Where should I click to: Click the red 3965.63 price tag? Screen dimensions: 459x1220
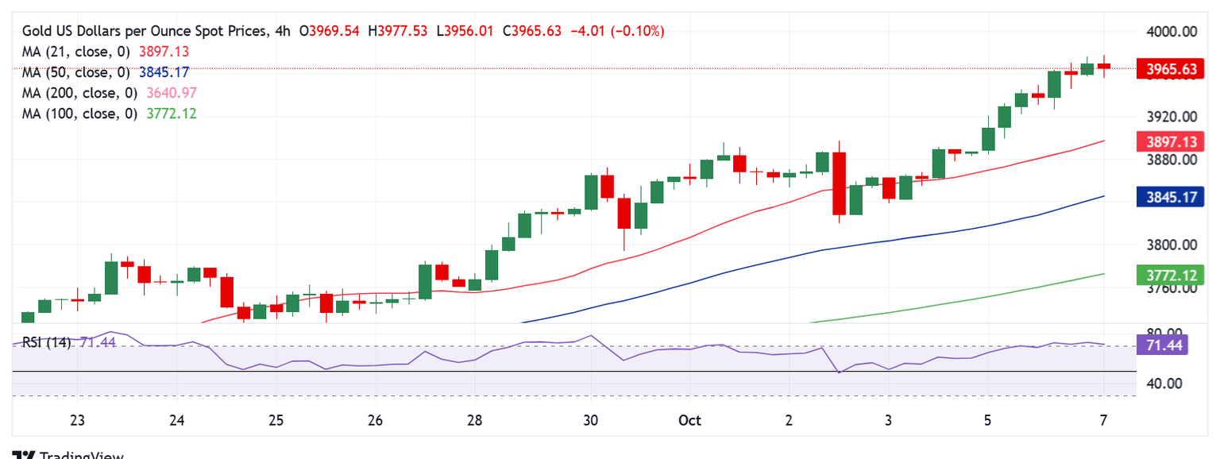point(1172,69)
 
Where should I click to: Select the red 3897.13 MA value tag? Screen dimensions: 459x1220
point(1172,141)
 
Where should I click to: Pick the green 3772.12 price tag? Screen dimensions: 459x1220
point(1172,276)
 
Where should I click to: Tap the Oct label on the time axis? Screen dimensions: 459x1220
point(689,420)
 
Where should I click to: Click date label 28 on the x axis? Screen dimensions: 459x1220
point(474,420)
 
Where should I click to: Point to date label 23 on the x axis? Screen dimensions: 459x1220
point(77,420)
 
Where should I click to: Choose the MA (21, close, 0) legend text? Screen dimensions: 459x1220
point(76,52)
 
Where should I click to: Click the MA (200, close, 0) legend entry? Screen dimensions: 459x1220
point(79,93)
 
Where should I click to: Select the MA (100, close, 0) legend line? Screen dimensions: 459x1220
point(79,114)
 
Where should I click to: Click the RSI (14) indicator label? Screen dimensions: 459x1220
point(46,343)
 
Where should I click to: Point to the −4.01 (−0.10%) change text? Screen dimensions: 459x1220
point(616,31)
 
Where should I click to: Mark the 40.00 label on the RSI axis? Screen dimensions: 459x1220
point(1166,384)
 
